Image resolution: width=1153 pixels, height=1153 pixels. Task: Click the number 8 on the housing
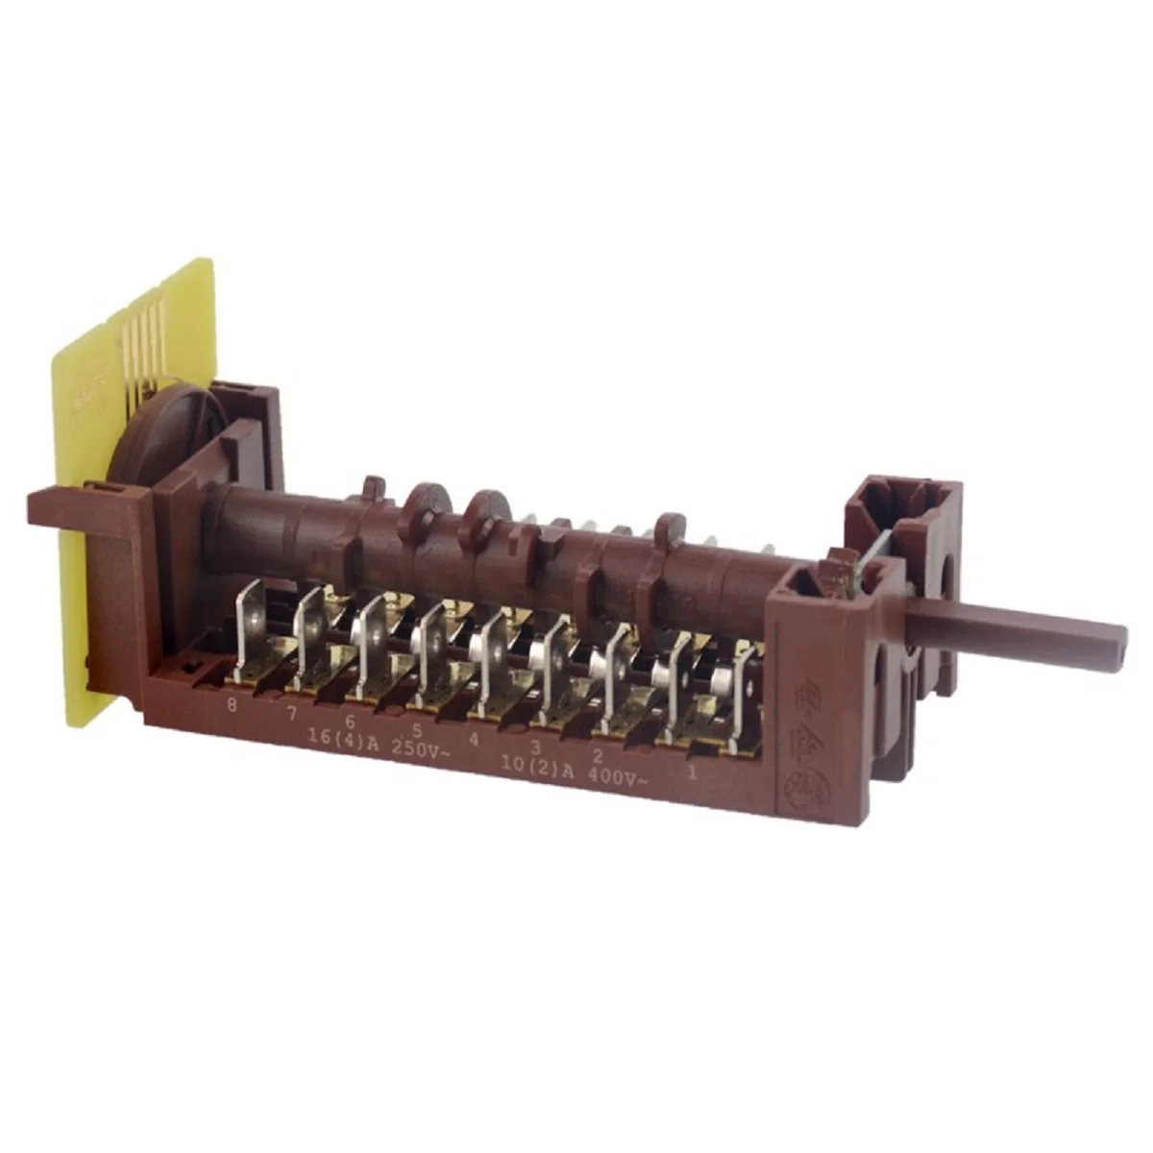[x=231, y=705]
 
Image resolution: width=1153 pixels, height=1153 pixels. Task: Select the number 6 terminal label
[x=351, y=723]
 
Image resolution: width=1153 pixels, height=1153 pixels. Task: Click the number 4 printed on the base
[x=474, y=740]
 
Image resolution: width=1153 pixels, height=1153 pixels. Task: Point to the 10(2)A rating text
[x=538, y=768]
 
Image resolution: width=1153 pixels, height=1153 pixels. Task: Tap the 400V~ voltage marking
[x=615, y=778]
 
